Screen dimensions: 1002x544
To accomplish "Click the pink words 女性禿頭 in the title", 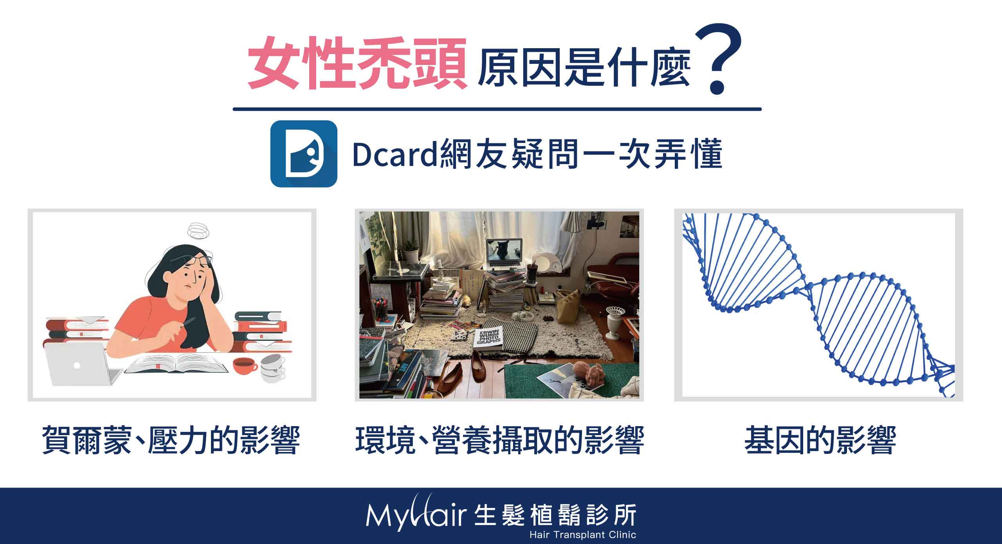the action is tap(357, 63).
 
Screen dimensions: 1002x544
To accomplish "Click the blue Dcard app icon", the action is tap(304, 154).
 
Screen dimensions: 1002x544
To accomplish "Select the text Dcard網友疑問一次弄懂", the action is tap(537, 155).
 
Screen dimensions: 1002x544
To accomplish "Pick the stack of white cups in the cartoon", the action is tap(273, 368).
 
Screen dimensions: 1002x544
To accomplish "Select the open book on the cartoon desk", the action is tap(176, 364).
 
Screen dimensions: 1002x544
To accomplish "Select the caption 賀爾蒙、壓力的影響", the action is tap(171, 441).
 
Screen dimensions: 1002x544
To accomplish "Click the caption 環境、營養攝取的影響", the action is tap(499, 441).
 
